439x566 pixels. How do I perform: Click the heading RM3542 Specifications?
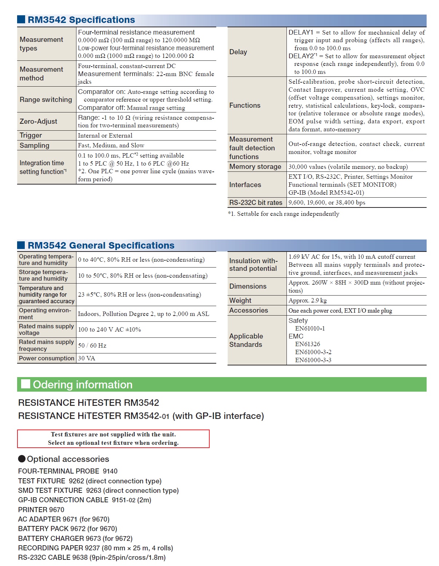click(81, 20)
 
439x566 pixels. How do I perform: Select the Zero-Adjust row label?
click(38, 122)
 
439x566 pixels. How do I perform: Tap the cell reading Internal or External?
click(105, 135)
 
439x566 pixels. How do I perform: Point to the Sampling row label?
click(34, 146)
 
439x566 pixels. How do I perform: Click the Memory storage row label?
click(255, 167)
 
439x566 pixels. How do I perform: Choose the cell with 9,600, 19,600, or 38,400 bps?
click(327, 203)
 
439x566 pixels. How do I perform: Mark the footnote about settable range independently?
click(284, 214)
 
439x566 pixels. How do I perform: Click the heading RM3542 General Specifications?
click(101, 245)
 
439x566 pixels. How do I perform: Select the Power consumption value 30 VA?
click(87, 359)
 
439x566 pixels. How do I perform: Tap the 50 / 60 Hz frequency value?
click(92, 345)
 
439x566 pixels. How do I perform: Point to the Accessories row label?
click(249, 310)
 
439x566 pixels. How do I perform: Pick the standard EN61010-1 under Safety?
click(310, 328)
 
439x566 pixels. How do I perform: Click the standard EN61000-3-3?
click(313, 360)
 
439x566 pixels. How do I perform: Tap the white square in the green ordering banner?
click(25, 384)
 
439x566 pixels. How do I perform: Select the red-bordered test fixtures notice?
click(113, 439)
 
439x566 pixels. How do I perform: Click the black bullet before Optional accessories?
click(22, 459)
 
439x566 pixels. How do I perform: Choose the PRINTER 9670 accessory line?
click(41, 510)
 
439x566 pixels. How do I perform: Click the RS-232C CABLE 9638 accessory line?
click(92, 557)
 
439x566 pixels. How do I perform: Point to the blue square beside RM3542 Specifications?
click(21, 19)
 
